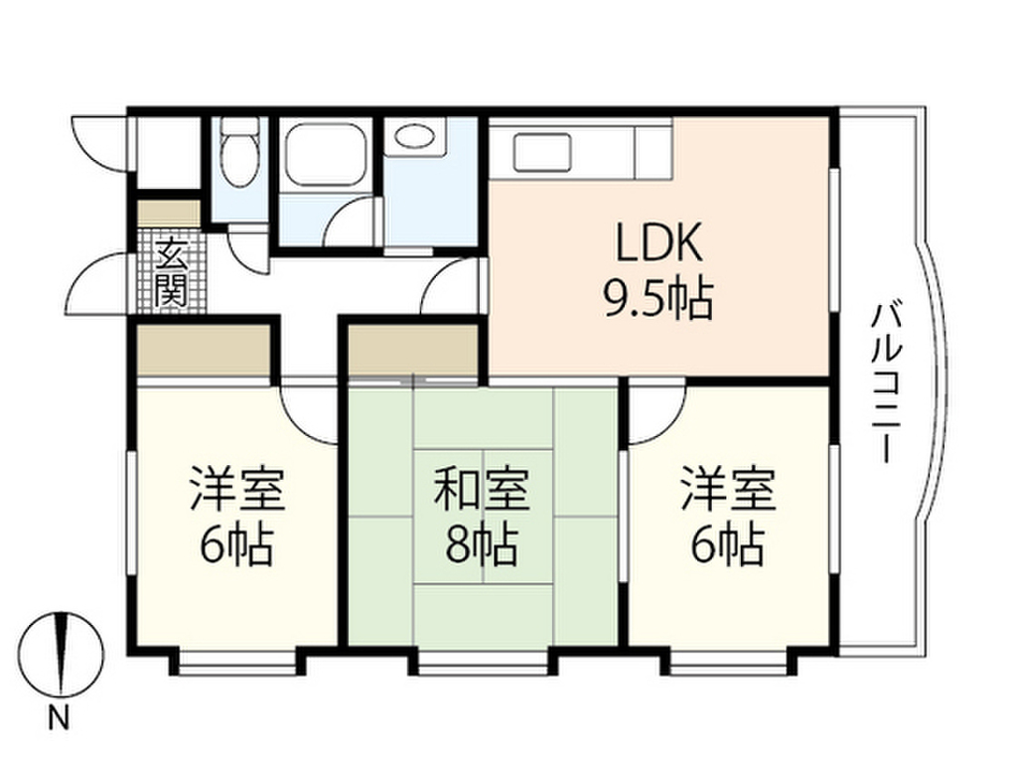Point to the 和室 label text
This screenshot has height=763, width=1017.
coord(482,490)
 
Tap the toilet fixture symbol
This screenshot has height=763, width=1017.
coord(238,154)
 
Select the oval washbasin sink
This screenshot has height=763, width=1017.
coord(414,137)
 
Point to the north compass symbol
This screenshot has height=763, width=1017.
coord(64,656)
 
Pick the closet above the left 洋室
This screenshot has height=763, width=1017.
coord(204,350)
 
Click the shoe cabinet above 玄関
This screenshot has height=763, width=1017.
coord(168,214)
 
